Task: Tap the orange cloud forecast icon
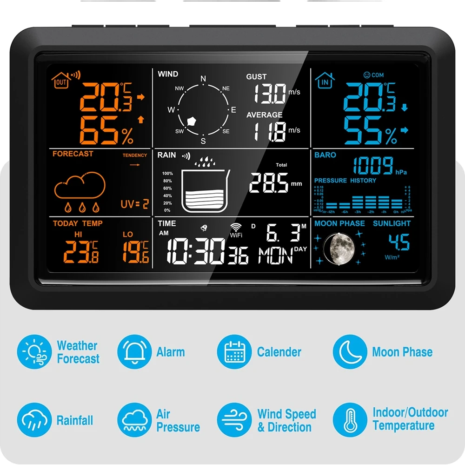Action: (x=80, y=186)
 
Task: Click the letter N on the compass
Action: (x=203, y=79)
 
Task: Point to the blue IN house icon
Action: (x=325, y=80)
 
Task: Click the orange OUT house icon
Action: (x=61, y=81)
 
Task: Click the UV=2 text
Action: (x=134, y=204)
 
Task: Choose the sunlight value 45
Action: (x=399, y=243)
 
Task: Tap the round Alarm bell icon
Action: (x=134, y=352)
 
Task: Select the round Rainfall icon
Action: (x=34, y=420)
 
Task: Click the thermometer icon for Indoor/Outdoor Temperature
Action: (x=350, y=420)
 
